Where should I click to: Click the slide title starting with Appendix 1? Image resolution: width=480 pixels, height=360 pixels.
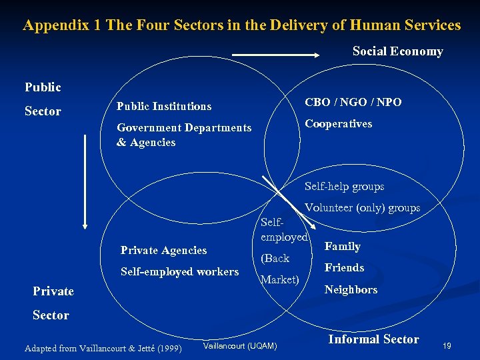(x=241, y=25)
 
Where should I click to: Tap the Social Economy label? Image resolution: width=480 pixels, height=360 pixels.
(x=397, y=51)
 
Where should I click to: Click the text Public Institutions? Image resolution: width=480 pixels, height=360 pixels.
(x=163, y=106)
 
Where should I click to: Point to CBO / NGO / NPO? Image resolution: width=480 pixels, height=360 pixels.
(x=353, y=102)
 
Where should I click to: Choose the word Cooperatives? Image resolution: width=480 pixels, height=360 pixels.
(x=338, y=123)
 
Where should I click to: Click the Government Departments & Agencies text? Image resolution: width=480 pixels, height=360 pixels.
(x=183, y=135)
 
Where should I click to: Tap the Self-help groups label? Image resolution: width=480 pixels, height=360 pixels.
(x=344, y=187)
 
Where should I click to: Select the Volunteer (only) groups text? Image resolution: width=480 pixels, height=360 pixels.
(x=362, y=207)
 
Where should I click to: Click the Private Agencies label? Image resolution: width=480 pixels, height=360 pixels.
(x=163, y=250)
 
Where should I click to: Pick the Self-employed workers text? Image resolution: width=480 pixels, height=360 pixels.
(x=179, y=271)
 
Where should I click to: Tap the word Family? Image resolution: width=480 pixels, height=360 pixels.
(x=342, y=246)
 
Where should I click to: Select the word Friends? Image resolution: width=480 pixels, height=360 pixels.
(x=344, y=267)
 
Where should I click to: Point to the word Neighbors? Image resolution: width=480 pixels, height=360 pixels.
(x=351, y=289)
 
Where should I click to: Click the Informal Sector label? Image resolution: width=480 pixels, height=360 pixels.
(x=373, y=339)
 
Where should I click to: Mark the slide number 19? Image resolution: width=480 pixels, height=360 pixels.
(x=447, y=345)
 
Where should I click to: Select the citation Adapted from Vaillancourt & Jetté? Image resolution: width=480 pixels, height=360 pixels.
(x=102, y=348)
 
